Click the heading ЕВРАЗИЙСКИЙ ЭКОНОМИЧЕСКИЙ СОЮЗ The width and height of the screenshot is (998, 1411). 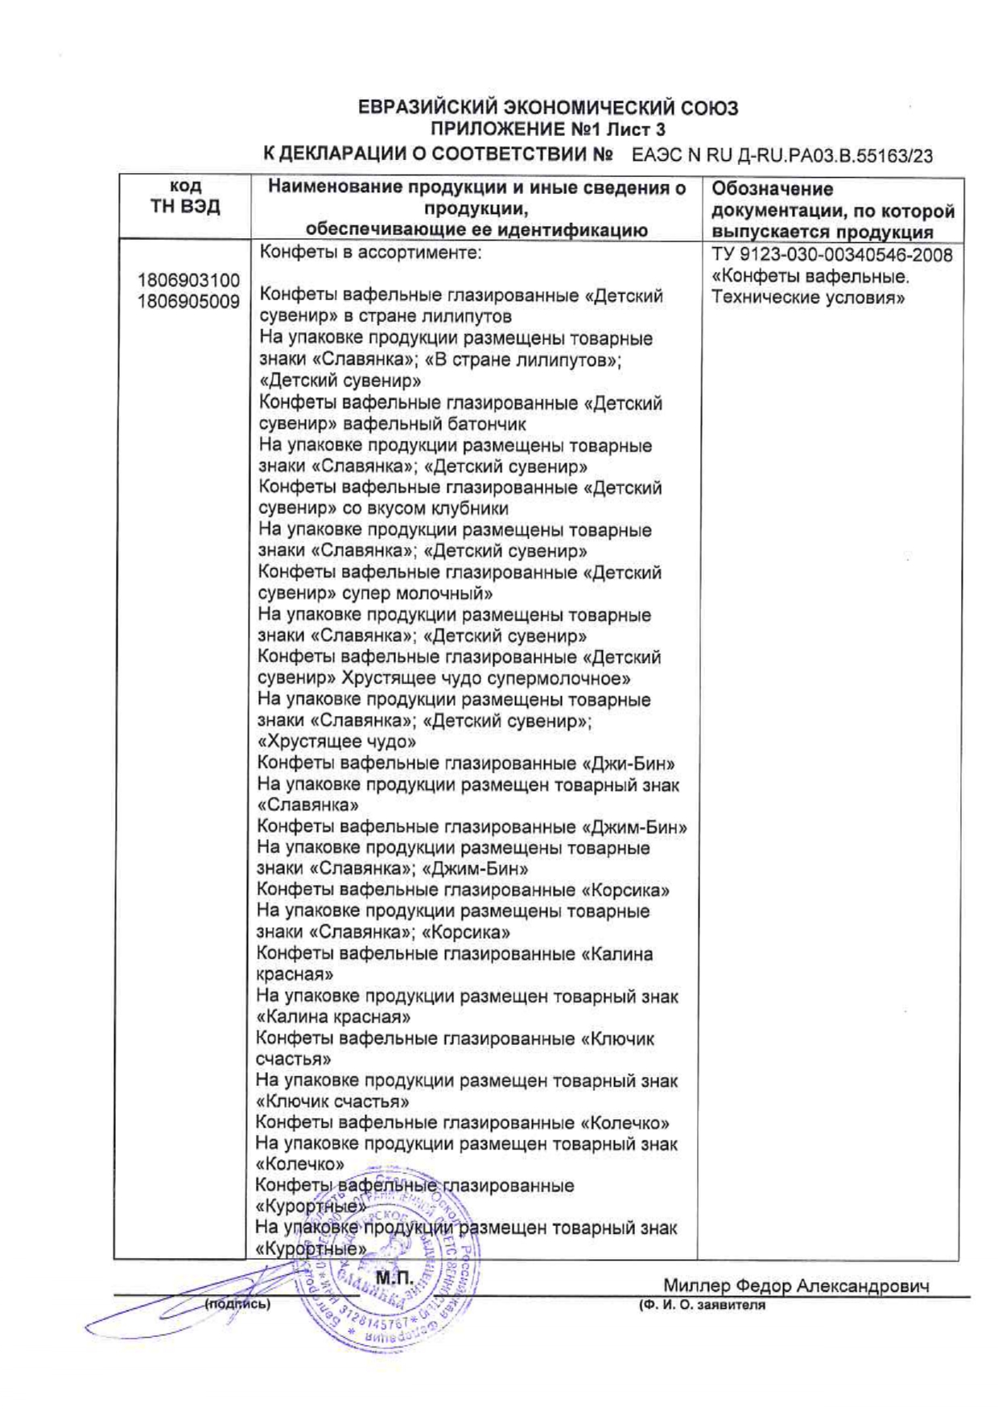pos(547,108)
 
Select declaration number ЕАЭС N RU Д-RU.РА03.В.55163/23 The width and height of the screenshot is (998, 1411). pos(782,155)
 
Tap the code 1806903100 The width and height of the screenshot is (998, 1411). pos(188,281)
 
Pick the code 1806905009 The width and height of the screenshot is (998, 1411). pos(188,302)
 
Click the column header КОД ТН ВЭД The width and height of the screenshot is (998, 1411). pos(185,197)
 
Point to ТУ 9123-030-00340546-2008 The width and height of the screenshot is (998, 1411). pos(832,256)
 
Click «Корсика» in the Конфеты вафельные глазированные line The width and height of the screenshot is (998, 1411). pos(625,891)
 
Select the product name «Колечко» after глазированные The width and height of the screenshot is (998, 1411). pos(625,1123)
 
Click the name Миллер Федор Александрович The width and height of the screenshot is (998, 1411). pos(795,1286)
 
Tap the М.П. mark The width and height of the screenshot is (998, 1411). pos(394,1278)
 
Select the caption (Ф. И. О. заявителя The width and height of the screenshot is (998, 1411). pos(701,1306)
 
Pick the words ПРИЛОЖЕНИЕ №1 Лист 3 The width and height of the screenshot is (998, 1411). pos(547,130)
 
